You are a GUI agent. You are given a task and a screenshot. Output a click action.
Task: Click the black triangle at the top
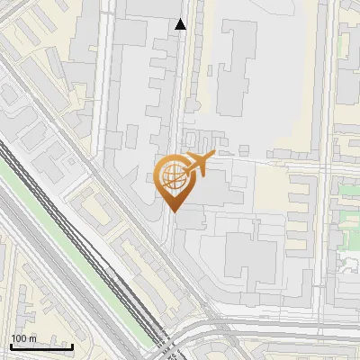(x=181, y=24)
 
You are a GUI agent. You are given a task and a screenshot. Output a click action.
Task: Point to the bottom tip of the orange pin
(x=173, y=211)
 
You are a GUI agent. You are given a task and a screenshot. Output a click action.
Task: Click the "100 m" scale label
(x=23, y=338)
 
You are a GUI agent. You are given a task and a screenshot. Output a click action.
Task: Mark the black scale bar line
(x=41, y=346)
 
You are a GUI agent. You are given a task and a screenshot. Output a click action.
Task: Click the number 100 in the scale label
(x=19, y=338)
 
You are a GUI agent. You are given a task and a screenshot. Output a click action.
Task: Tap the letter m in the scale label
(x=32, y=338)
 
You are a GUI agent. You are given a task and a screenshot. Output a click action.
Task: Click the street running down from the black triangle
(x=180, y=90)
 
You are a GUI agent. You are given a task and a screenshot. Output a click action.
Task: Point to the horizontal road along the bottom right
(x=288, y=322)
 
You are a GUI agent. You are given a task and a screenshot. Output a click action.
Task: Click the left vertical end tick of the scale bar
(x=11, y=345)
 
